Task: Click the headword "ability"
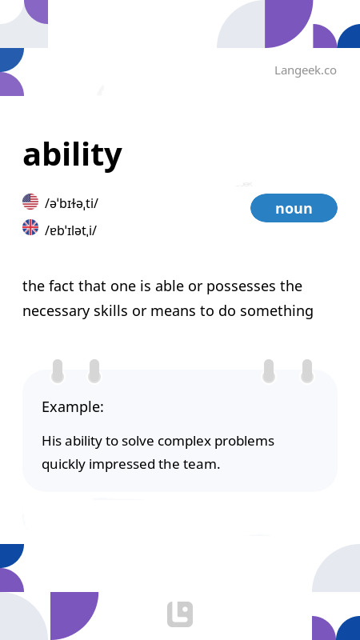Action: click(72, 154)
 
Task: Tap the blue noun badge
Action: click(294, 208)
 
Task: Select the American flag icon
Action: click(30, 202)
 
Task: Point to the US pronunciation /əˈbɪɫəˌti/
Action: click(72, 203)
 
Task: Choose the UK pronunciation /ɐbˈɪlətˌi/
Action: click(71, 230)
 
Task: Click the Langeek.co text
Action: click(305, 70)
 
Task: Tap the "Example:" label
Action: click(73, 406)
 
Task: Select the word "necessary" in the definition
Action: click(54, 311)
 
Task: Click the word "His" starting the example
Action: click(51, 441)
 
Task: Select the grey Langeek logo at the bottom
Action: click(180, 614)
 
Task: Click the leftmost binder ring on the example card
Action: click(58, 370)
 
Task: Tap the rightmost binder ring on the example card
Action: click(306, 370)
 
